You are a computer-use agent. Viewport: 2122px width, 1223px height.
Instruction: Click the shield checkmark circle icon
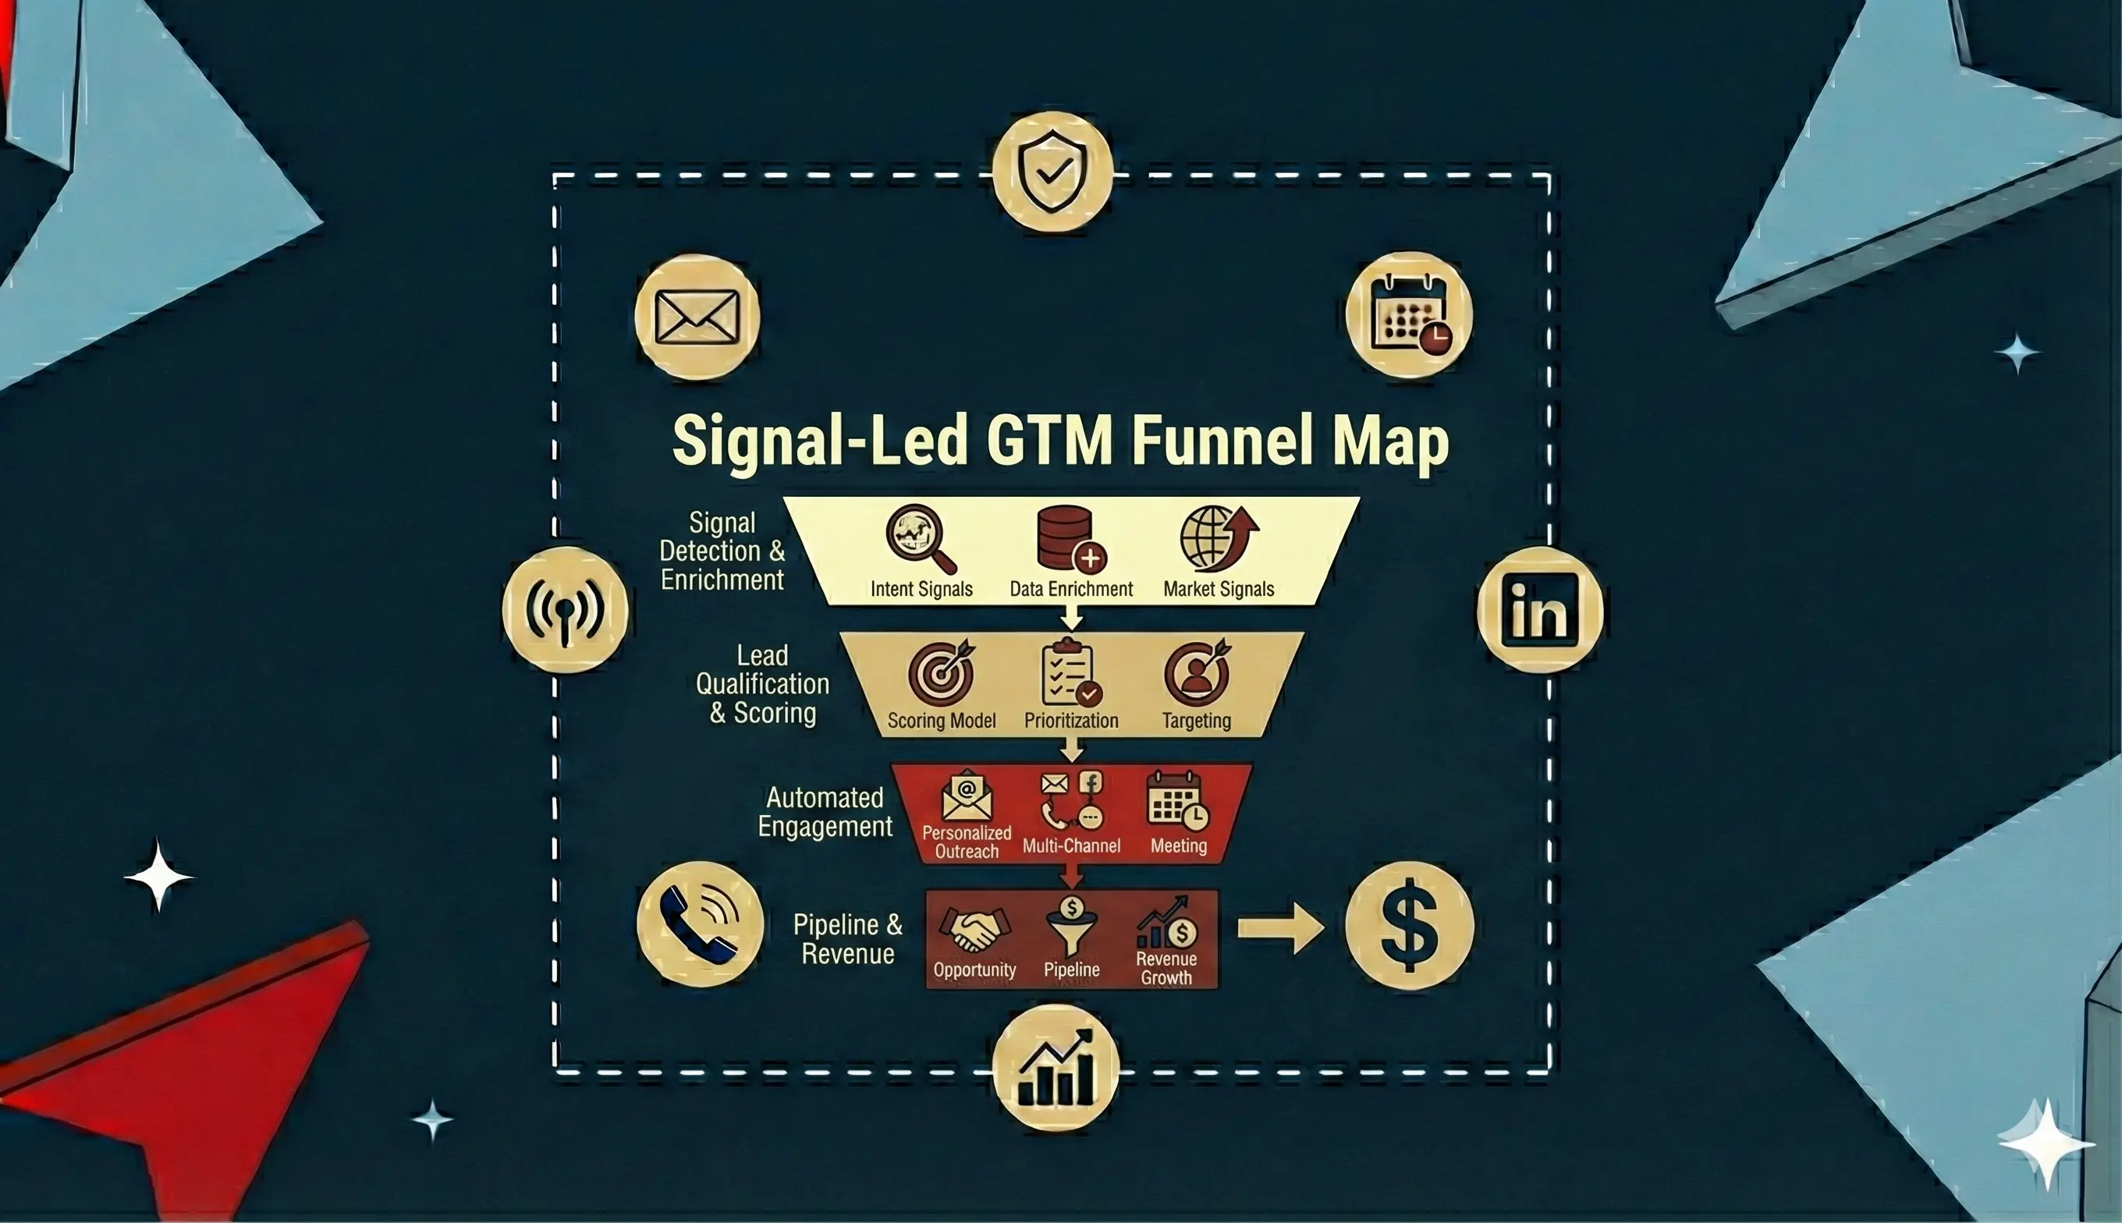pyautogui.click(x=1052, y=172)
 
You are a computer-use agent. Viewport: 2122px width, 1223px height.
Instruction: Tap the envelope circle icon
pyautogui.click(x=697, y=317)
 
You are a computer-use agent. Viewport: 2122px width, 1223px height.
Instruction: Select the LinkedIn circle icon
pyautogui.click(x=1539, y=610)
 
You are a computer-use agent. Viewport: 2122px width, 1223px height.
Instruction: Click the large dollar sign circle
pyautogui.click(x=1409, y=925)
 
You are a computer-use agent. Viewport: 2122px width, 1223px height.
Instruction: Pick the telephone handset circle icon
pyautogui.click(x=700, y=924)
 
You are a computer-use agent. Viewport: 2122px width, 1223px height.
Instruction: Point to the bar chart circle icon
pyautogui.click(x=1056, y=1068)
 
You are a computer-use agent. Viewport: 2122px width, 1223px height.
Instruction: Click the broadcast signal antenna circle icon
pyautogui.click(x=565, y=609)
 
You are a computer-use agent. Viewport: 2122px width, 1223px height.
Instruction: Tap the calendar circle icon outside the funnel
pyautogui.click(x=1409, y=315)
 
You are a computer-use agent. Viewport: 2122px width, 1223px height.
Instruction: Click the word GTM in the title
pyautogui.click(x=1049, y=441)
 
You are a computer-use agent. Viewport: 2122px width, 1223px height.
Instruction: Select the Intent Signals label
pyautogui.click(x=921, y=589)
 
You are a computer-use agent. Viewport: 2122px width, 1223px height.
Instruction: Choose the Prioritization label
pyautogui.click(x=1071, y=721)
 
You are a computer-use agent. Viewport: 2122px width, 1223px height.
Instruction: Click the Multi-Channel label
pyautogui.click(x=1071, y=845)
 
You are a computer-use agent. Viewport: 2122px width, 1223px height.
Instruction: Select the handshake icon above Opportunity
pyautogui.click(x=974, y=929)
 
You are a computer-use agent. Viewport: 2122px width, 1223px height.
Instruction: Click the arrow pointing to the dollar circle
pyautogui.click(x=1279, y=928)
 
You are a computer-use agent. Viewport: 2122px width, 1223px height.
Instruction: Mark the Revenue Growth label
pyautogui.click(x=1166, y=968)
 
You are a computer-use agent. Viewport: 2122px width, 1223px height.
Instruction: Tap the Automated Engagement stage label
pyautogui.click(x=824, y=811)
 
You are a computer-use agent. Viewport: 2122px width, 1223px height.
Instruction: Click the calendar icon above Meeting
pyautogui.click(x=1177, y=800)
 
